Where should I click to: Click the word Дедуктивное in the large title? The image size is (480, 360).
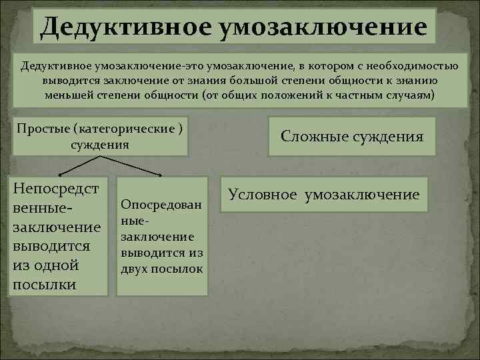123,27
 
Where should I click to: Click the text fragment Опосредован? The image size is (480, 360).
161,203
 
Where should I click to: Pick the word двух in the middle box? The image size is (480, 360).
135,268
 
